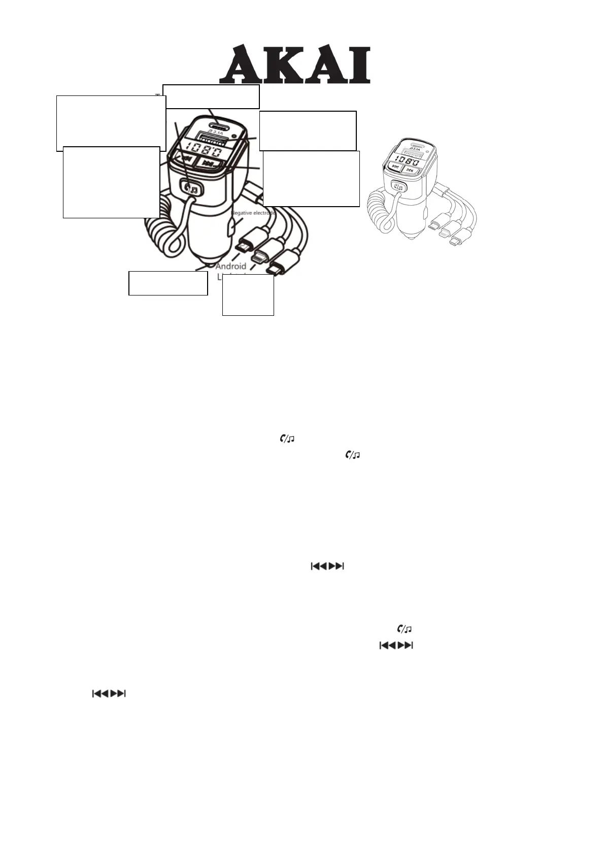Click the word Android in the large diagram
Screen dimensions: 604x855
pos(231,266)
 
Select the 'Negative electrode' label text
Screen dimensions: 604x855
pos(254,213)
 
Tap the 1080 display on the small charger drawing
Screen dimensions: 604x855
pos(410,162)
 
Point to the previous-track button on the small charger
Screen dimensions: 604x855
pos(396,171)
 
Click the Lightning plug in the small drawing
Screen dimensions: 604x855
pos(446,233)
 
